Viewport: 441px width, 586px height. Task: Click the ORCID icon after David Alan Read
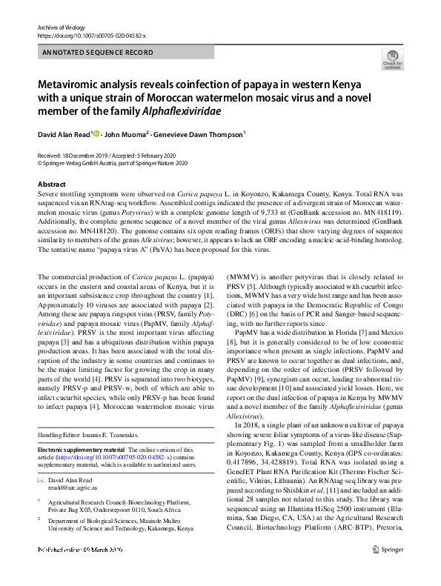point(96,134)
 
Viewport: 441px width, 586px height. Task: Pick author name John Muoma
point(126,135)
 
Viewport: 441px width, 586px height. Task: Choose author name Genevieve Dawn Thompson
point(200,135)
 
